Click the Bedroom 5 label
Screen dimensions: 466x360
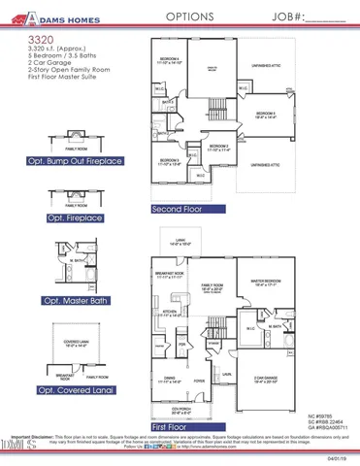point(267,115)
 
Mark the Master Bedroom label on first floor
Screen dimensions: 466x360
point(265,282)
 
